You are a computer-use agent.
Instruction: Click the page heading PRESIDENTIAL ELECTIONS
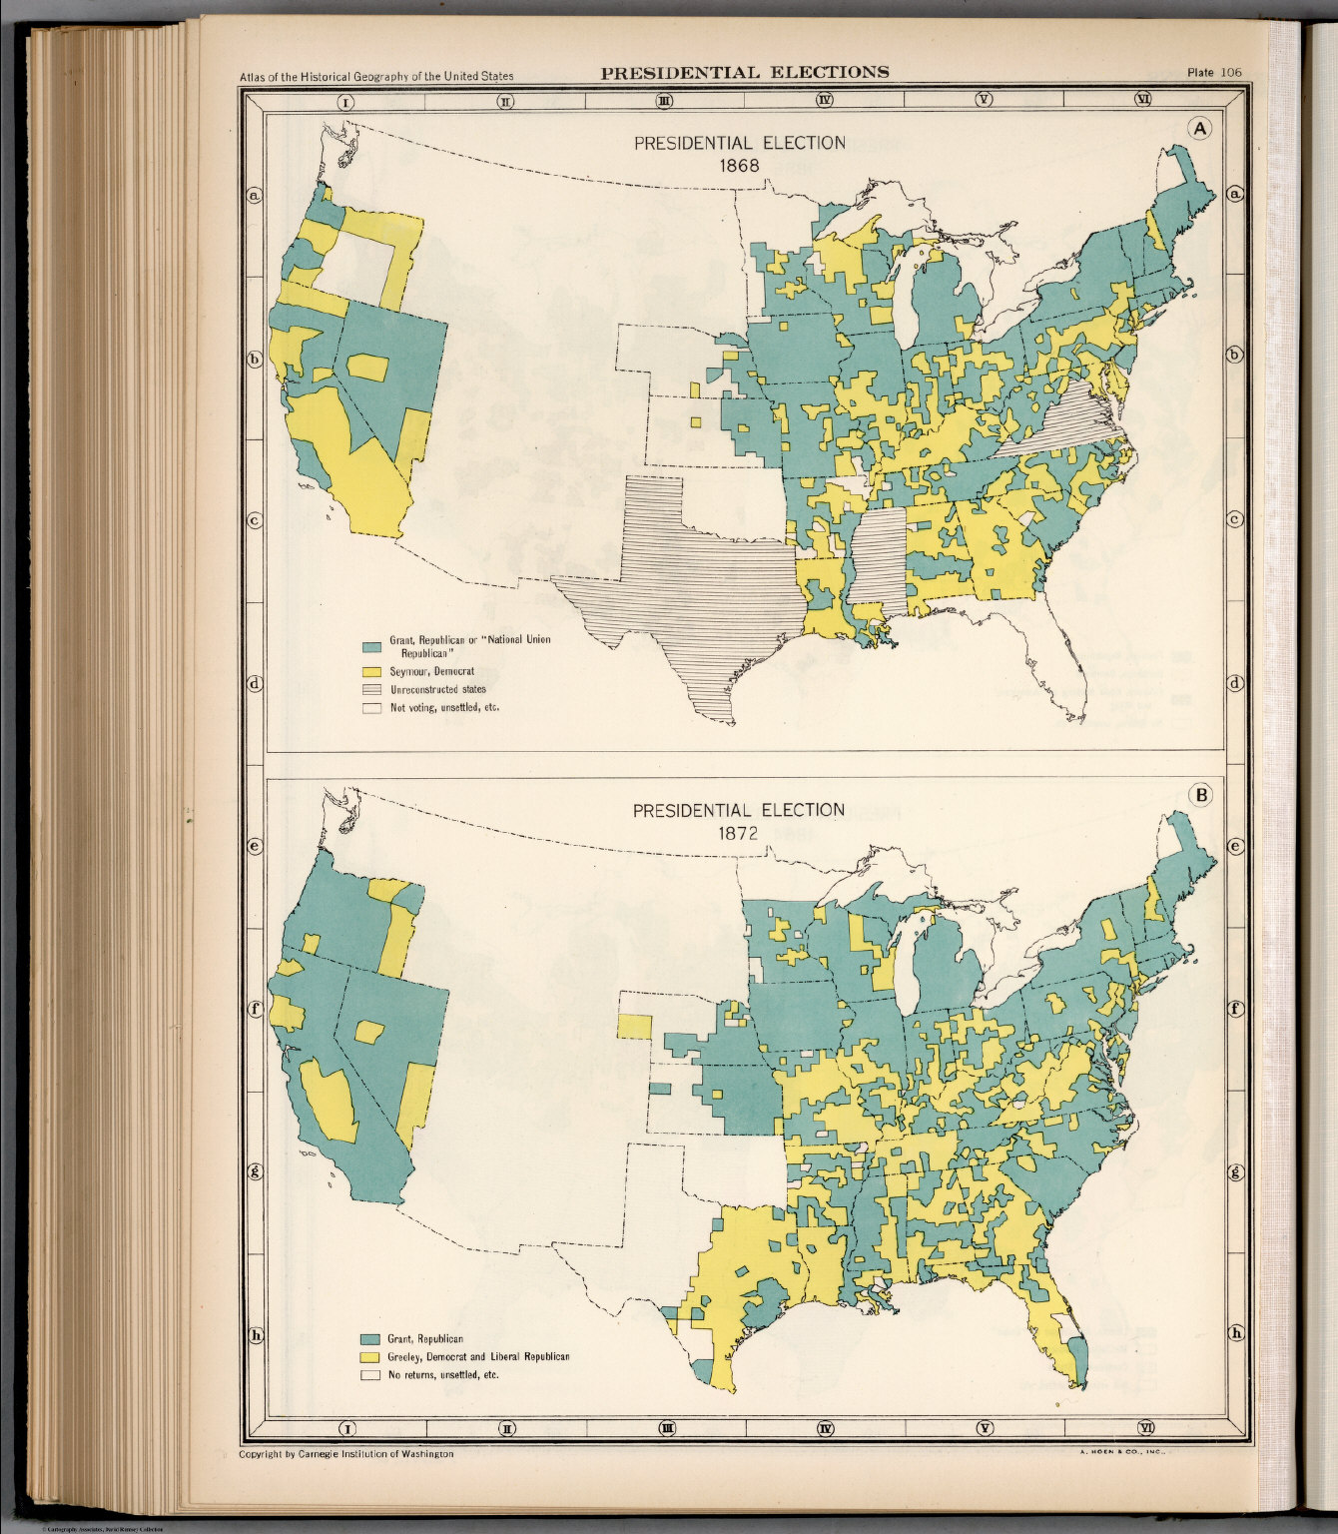[744, 72]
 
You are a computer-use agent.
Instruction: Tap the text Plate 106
[1213, 72]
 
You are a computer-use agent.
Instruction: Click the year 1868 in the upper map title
[739, 165]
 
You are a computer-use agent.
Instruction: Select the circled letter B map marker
[1199, 795]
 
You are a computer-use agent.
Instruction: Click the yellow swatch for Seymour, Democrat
[371, 671]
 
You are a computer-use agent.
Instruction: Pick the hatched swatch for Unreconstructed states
[371, 689]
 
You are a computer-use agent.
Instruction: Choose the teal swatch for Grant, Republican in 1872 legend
[371, 1338]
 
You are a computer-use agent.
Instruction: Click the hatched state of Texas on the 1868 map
[689, 599]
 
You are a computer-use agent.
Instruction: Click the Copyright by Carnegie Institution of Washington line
[345, 1454]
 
